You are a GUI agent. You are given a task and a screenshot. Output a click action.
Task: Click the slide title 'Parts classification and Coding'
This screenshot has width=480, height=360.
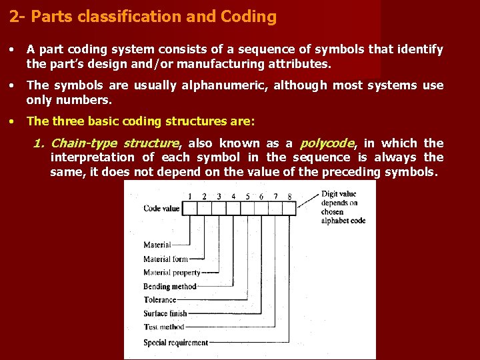143,17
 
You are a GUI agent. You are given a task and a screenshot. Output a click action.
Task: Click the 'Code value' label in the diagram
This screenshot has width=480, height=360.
161,209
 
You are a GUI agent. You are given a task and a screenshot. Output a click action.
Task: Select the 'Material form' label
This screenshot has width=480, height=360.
165,259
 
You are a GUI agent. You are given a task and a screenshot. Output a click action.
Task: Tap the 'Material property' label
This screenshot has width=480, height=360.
171,273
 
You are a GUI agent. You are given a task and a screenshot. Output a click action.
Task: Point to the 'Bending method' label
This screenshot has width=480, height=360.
169,287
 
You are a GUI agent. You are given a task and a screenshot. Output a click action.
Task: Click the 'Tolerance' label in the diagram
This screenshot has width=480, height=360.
159,300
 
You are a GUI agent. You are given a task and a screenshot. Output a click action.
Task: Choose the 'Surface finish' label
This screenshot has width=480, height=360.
165,314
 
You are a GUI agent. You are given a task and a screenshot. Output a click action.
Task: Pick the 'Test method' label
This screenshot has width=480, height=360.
163,327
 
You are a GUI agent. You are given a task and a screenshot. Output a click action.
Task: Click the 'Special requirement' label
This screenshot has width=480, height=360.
175,343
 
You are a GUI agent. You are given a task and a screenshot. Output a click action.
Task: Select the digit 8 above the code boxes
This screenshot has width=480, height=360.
289,196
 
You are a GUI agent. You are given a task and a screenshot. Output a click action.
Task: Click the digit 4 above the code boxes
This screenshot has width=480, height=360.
233,196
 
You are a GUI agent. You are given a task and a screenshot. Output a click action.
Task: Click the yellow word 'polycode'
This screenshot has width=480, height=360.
327,143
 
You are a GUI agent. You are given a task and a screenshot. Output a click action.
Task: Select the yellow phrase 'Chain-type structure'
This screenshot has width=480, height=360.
115,143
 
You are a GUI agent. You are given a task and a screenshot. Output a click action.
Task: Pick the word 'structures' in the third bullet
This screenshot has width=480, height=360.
169,121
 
